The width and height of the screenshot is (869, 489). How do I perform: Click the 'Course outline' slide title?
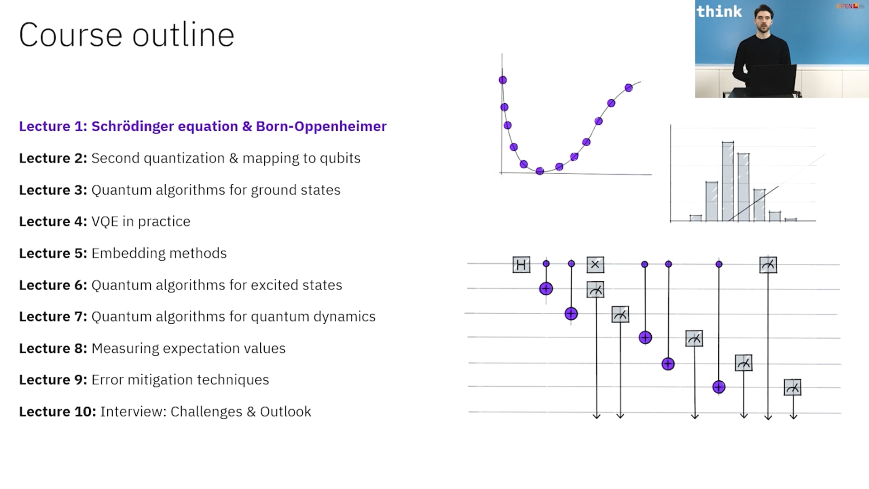point(127,35)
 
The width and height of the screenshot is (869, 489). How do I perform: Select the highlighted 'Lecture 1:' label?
point(53,126)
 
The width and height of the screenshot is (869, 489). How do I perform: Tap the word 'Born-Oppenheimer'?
point(321,126)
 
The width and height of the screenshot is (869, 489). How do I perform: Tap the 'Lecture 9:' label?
point(53,380)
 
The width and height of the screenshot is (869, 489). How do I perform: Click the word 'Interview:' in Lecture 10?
point(133,412)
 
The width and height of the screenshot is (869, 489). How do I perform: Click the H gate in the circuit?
point(521,264)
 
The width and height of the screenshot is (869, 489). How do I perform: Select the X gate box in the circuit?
point(595,264)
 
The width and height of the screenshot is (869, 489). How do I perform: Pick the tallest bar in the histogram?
point(728,181)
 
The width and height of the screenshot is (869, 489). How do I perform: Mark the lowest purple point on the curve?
point(540,171)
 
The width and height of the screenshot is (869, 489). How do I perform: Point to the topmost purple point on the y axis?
point(503,80)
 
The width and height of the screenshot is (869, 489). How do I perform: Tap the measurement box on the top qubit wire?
point(768,265)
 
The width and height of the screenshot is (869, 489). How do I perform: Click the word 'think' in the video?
point(719,11)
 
